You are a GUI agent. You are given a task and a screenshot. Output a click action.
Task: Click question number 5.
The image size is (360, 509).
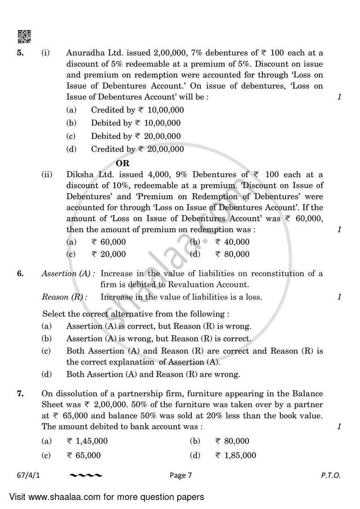click(20, 53)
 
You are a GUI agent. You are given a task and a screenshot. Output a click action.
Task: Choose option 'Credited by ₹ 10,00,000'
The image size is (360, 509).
click(137, 110)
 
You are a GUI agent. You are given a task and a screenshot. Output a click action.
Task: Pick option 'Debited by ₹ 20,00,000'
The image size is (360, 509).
click(135, 136)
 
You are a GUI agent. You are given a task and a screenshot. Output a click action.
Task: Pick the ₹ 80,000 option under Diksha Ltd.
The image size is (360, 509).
click(232, 254)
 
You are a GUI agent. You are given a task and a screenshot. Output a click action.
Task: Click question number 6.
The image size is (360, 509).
click(20, 274)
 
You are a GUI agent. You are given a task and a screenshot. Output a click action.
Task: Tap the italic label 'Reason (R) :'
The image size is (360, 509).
click(64, 297)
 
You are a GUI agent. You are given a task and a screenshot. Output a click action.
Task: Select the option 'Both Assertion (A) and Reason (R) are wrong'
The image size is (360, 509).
click(153, 374)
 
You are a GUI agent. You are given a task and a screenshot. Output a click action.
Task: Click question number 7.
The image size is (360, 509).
click(20, 394)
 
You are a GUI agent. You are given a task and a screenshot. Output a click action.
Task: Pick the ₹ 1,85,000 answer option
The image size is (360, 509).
click(235, 455)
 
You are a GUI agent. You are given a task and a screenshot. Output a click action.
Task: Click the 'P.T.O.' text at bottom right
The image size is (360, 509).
click(331, 475)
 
